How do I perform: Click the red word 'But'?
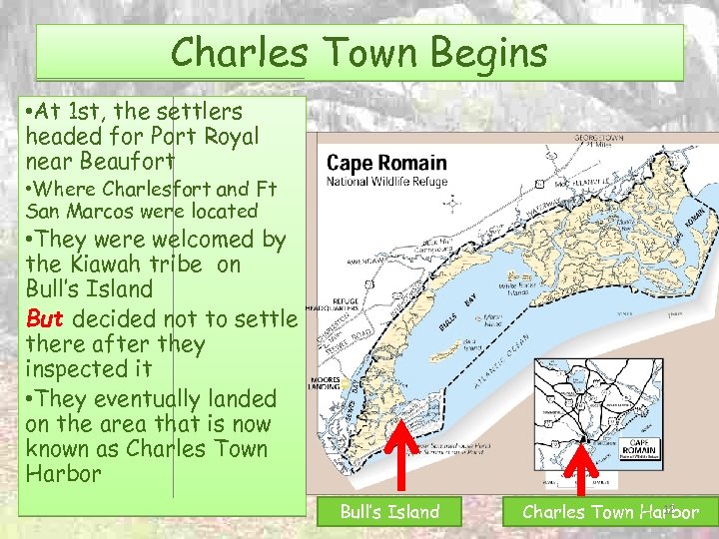click(45, 319)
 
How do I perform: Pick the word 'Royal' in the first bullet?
click(230, 135)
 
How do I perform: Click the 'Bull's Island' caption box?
click(389, 512)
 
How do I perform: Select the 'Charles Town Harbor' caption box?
click(610, 512)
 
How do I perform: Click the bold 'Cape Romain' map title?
click(387, 164)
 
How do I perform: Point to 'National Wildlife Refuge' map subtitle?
click(387, 182)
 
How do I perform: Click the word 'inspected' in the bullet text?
click(79, 369)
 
